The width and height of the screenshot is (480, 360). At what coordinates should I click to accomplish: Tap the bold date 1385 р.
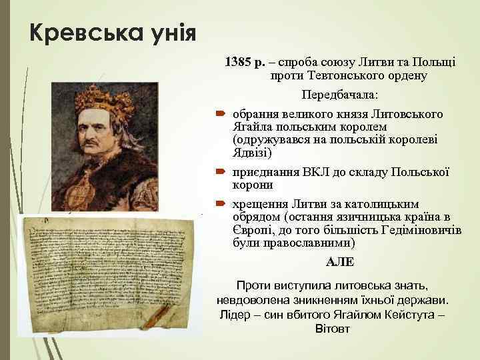[x=245, y=63]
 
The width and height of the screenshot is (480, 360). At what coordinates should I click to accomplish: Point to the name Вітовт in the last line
[x=331, y=329]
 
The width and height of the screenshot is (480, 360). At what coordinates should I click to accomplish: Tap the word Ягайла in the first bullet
[x=251, y=127]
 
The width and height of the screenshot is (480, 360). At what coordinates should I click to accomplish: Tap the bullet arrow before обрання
[x=221, y=115]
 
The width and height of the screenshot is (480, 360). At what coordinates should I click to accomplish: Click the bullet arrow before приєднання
[x=221, y=172]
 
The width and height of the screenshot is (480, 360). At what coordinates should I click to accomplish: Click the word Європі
[x=251, y=231]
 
